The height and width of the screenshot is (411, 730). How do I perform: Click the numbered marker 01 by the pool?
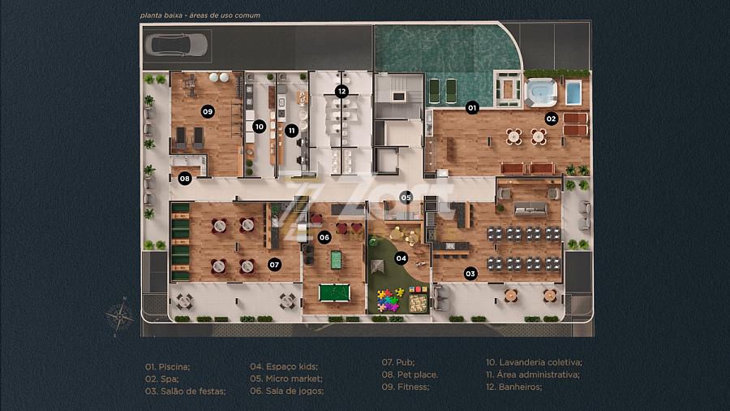coord(472,108)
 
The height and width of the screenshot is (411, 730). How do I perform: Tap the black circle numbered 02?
coord(552,119)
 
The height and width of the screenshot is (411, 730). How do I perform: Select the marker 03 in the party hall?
coord(470,274)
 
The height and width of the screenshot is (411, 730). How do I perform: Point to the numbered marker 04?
coord(401,258)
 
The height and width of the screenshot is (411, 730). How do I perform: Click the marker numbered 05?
coord(406,197)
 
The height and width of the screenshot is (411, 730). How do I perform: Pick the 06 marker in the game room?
coord(324,237)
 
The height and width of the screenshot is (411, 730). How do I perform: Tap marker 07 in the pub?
coord(274,265)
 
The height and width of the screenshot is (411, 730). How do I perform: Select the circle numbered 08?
coord(184,179)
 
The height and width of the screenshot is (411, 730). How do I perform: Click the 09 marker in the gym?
coord(208,111)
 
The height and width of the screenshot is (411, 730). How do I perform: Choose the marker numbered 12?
coord(341,91)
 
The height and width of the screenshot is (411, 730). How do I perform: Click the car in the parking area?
coord(176,45)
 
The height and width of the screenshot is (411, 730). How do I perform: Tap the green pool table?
coord(334,293)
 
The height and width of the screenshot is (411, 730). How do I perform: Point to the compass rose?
coord(120,317)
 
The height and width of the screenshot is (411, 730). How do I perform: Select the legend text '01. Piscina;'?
coord(168,366)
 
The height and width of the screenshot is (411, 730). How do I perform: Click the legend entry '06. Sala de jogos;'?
coord(287,391)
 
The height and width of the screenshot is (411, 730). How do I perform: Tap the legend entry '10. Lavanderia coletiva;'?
coord(534,362)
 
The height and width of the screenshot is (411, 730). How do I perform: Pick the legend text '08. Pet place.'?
coord(410,374)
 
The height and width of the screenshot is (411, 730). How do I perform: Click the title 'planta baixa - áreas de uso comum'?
coord(200,15)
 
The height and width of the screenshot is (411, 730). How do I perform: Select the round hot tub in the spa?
coord(540,92)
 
